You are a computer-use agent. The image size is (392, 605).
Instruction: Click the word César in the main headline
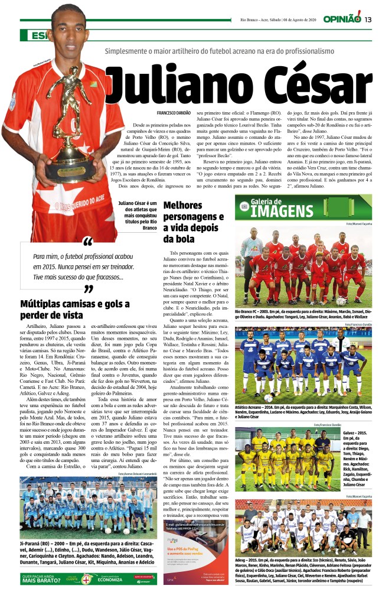pyautogui.click(x=306, y=85)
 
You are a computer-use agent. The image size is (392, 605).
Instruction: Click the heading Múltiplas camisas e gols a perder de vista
pyautogui.click(x=74, y=309)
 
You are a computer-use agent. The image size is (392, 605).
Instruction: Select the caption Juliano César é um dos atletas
pyautogui.click(x=137, y=215)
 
